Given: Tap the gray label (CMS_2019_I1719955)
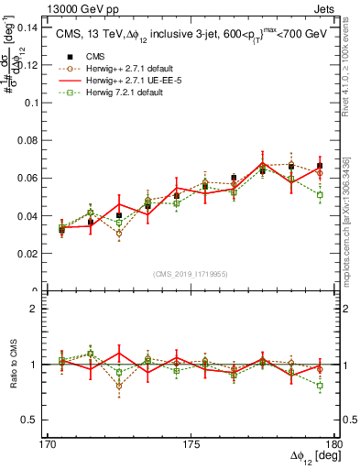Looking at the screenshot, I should pyautogui.click(x=191, y=274).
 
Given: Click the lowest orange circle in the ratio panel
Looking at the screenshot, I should pyautogui.click(x=119, y=386).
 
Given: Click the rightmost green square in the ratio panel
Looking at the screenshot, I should pyautogui.click(x=320, y=386).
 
